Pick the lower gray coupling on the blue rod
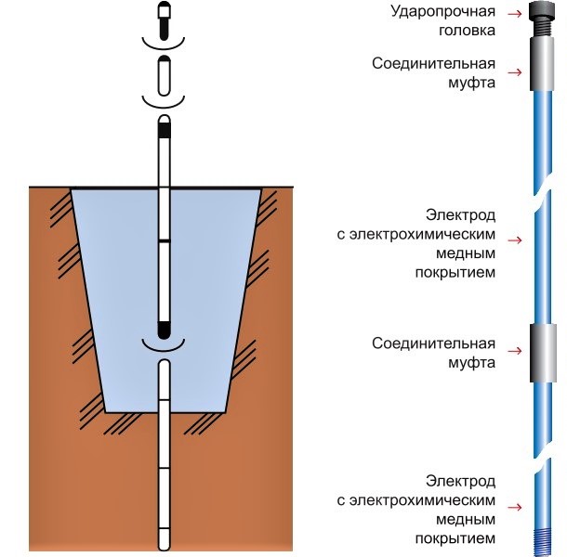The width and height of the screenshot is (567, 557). click(540, 352)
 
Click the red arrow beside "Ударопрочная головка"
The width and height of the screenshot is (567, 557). click(513, 13)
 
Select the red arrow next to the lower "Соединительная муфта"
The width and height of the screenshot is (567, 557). click(513, 351)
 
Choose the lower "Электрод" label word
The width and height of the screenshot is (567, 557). click(460, 481)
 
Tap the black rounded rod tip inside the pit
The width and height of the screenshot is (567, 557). click(164, 329)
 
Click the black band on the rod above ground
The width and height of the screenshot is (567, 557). click(164, 131)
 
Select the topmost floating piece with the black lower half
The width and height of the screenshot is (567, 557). click(164, 20)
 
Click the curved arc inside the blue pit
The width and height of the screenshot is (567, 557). click(164, 345)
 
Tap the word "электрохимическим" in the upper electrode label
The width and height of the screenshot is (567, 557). click(425, 235)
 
